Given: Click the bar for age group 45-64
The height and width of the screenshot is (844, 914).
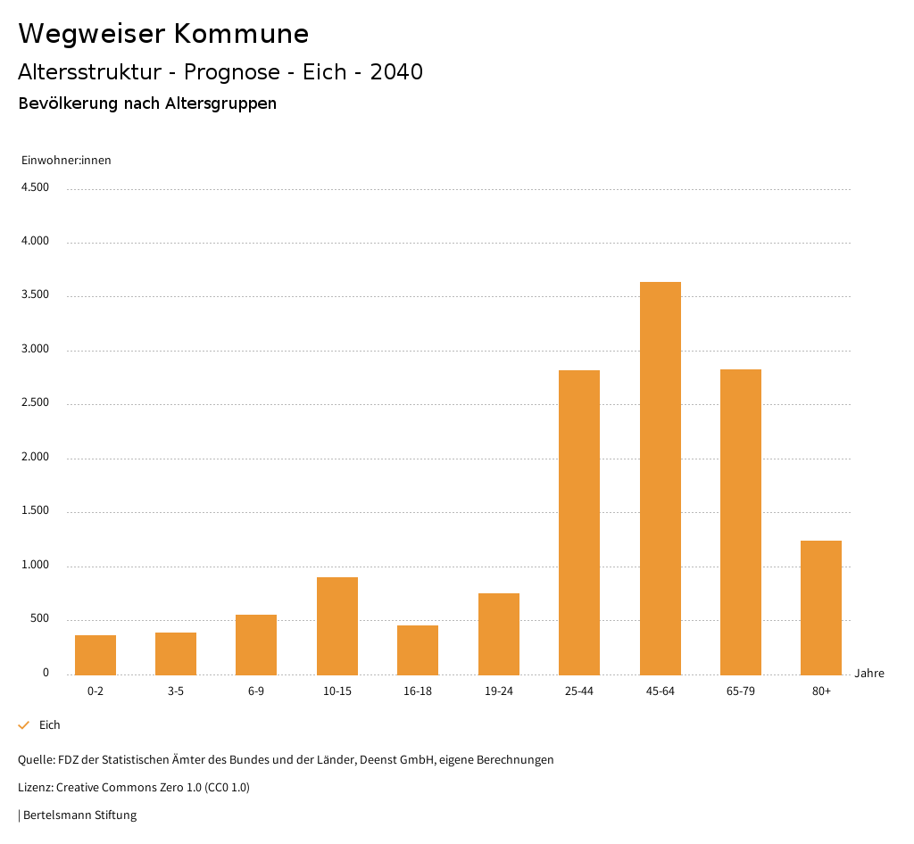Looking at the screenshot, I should tap(660, 478).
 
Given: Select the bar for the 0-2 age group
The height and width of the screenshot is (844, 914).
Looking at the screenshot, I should tap(96, 655).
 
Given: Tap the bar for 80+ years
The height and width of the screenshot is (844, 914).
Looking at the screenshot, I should tap(821, 608).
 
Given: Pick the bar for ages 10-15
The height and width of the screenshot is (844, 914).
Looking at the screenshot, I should tap(337, 626).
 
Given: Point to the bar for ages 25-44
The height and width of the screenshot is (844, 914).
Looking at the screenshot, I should tap(579, 522).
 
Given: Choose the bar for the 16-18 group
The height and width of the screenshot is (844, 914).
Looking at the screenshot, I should tap(418, 650).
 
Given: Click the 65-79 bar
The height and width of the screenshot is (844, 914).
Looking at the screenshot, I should tap(741, 522).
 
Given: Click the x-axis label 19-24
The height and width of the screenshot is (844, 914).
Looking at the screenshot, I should tap(498, 691).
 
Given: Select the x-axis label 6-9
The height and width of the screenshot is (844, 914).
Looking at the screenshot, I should tap(256, 691).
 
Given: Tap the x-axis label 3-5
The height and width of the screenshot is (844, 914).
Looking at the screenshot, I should tap(176, 691).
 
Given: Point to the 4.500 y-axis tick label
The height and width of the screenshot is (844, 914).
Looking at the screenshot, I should tap(35, 187).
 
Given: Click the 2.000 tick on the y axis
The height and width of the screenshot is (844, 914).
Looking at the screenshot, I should tap(35, 458).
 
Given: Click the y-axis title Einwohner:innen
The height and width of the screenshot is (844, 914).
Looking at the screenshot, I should tap(66, 161).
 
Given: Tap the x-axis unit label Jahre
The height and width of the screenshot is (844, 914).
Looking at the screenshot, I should tap(869, 674).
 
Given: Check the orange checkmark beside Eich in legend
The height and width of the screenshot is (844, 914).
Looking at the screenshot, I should tap(24, 725).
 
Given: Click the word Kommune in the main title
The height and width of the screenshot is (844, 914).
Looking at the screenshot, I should tap(241, 34).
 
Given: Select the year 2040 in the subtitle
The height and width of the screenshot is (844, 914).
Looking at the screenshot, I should tap(396, 72).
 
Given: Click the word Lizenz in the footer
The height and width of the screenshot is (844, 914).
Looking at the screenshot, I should tap(35, 788).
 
